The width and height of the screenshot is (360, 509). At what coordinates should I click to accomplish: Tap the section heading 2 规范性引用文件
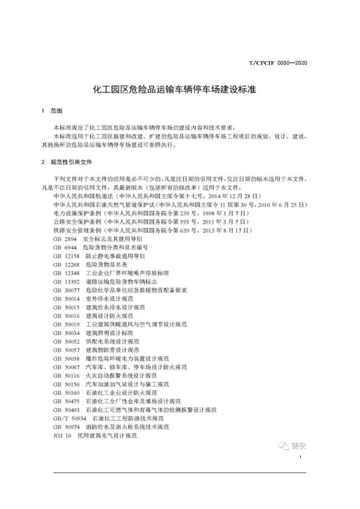tap(65, 163)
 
